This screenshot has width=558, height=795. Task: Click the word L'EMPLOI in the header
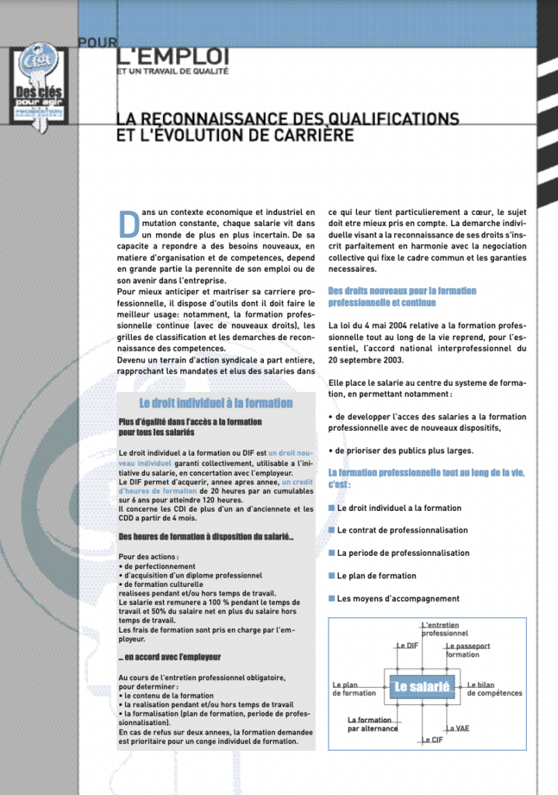click(173, 55)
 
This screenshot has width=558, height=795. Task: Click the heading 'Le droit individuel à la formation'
click(216, 403)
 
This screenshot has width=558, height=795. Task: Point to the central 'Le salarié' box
click(422, 687)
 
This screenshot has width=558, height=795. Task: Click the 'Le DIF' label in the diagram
click(408, 645)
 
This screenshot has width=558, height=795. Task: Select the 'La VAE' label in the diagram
click(457, 728)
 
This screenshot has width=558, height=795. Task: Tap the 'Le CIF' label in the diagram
click(431, 740)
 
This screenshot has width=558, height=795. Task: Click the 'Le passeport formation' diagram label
click(468, 650)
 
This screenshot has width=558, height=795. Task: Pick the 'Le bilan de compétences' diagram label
click(495, 689)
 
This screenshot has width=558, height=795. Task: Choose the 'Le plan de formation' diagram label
click(354, 689)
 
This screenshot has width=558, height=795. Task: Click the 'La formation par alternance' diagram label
click(373, 724)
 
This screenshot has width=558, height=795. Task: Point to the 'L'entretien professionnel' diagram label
click(445, 629)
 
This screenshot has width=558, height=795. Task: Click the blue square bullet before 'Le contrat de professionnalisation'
click(331, 530)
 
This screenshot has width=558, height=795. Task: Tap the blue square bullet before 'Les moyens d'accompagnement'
click(331, 599)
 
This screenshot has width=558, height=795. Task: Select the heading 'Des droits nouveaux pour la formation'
click(402, 291)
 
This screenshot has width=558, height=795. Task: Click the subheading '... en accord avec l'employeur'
click(170, 657)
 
